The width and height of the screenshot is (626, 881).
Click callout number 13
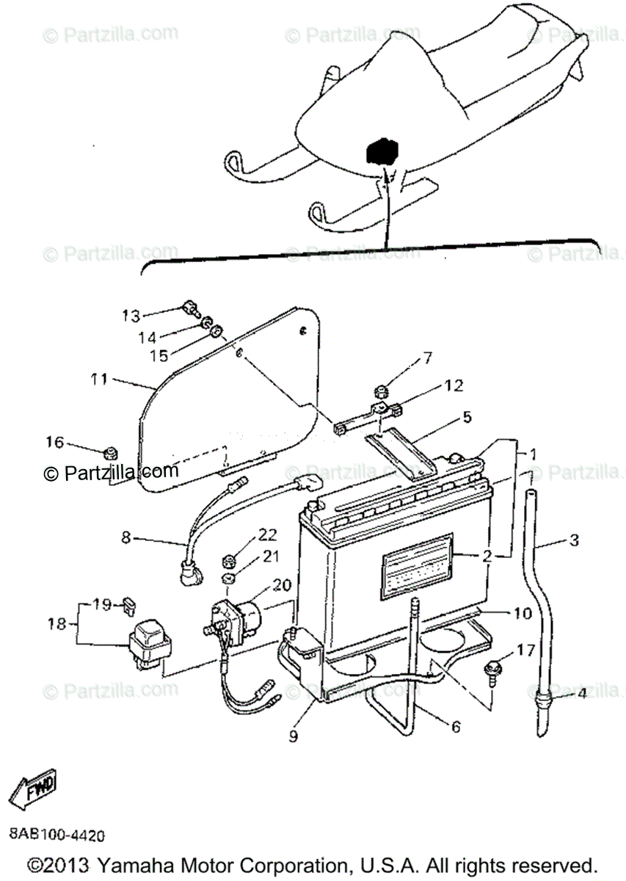(130, 316)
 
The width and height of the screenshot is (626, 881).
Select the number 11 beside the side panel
(99, 380)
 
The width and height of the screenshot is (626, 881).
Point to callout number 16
(55, 442)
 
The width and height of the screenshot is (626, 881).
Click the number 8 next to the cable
(126, 537)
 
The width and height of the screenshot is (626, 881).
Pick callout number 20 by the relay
(282, 584)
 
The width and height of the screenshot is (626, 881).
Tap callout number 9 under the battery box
(294, 735)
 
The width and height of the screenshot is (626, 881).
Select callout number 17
(525, 650)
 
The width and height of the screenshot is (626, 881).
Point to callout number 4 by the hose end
(581, 692)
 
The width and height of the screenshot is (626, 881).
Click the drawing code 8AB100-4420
(57, 835)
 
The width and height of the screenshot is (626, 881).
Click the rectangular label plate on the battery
(417, 562)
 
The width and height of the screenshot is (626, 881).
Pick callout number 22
(267, 533)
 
